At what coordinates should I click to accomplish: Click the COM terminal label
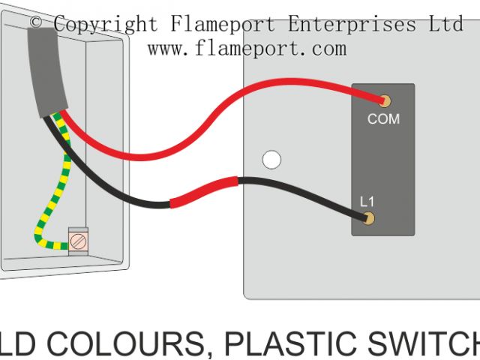[382, 118]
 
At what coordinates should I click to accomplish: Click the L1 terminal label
[367, 202]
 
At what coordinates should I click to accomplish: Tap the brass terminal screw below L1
[368, 219]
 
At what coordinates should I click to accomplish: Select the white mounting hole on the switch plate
[271, 160]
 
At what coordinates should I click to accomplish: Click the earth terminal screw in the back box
[77, 241]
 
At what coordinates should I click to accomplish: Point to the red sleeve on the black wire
[204, 193]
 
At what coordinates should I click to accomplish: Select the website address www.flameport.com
[247, 49]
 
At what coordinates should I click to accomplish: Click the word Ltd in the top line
[446, 24]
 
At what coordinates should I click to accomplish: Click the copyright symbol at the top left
[36, 24]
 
